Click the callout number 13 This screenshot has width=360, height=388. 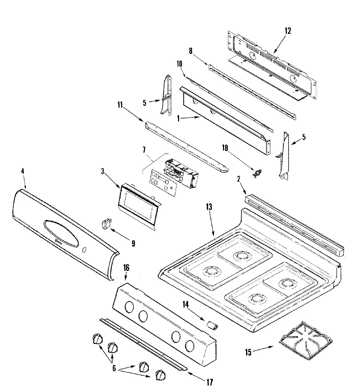click(x=209, y=207)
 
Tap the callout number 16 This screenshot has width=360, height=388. click(x=126, y=268)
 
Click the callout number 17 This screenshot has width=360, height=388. click(x=209, y=382)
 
